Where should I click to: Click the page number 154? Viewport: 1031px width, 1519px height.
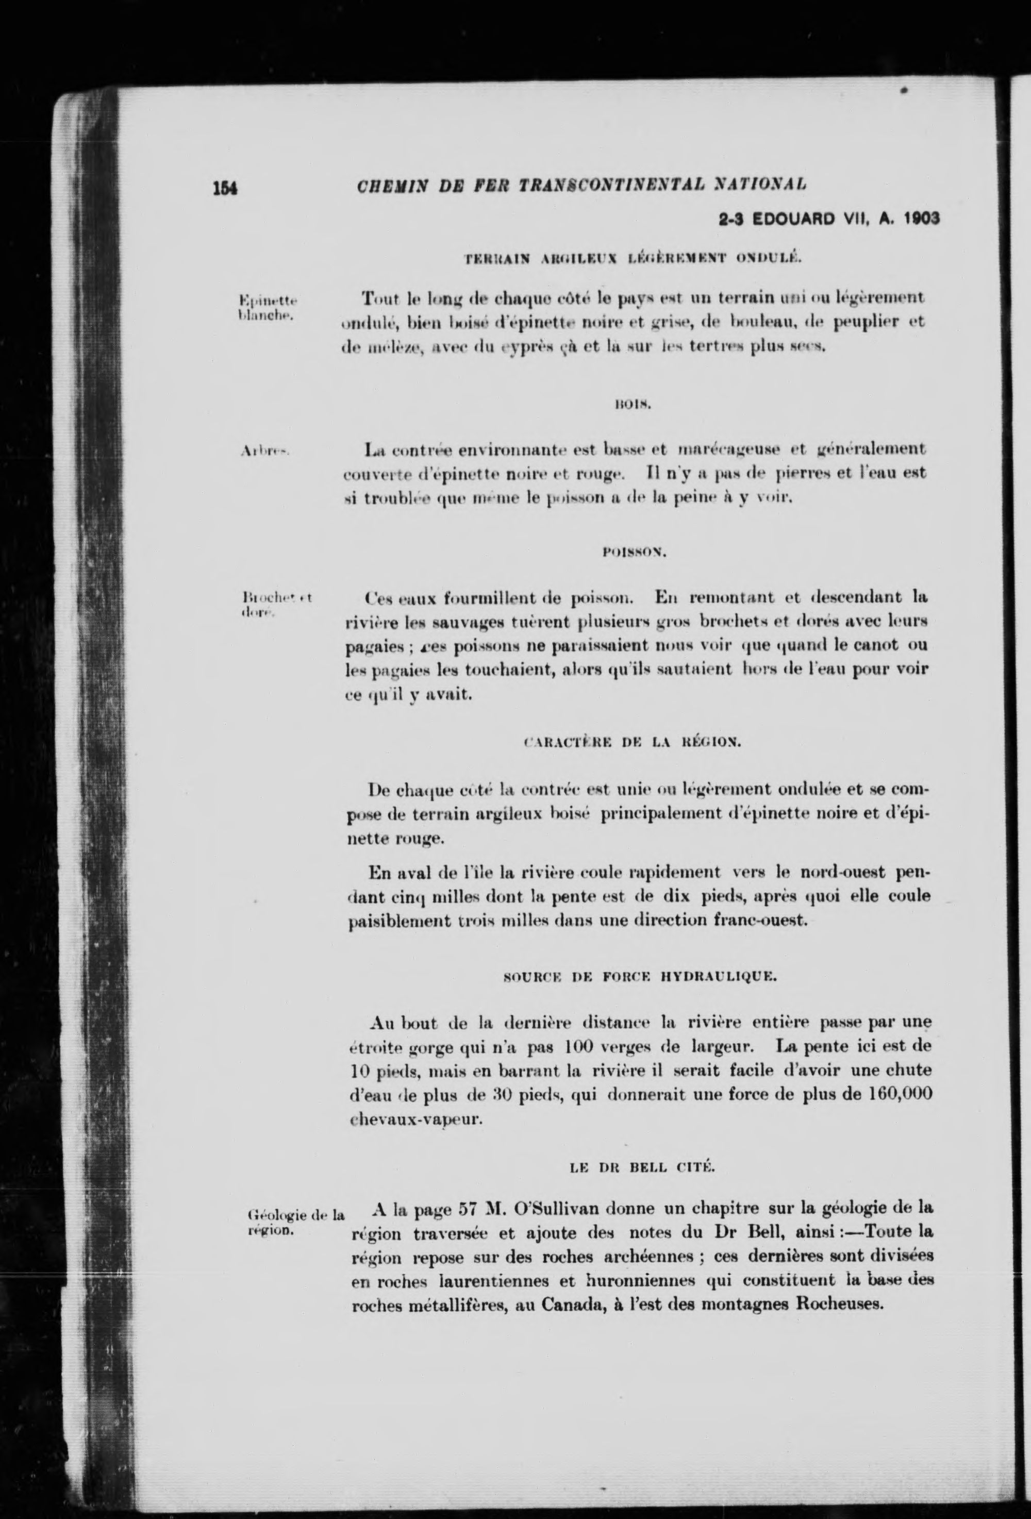[224, 188]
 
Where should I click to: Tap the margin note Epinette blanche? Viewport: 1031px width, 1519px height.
[268, 307]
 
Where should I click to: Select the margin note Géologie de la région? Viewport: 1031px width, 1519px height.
[293, 1222]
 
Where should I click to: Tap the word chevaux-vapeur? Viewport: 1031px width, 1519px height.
[417, 1119]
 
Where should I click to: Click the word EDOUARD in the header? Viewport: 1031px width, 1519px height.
[794, 219]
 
